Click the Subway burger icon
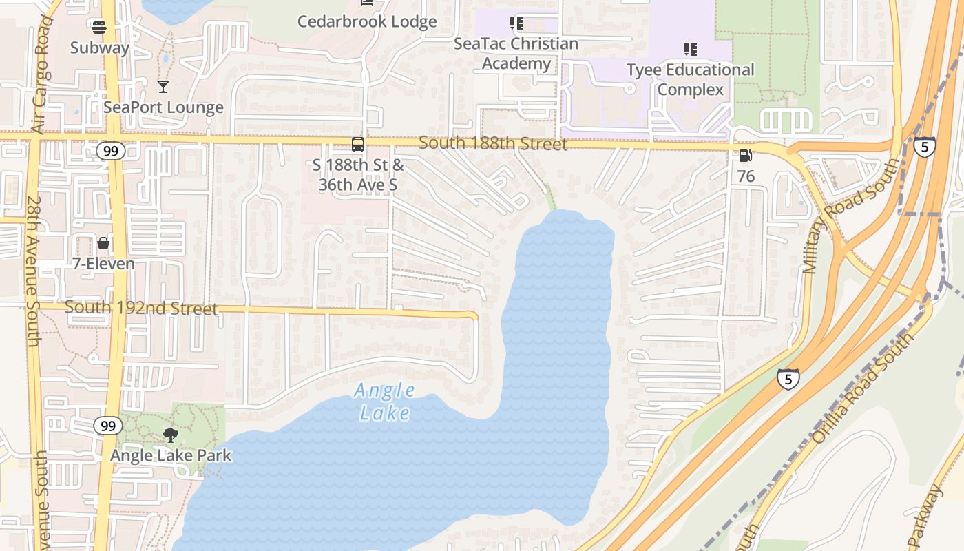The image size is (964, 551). click(99, 28)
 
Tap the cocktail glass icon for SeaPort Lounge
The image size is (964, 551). click(163, 87)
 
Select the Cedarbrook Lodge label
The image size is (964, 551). click(367, 21)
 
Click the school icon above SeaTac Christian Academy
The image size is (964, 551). click(516, 24)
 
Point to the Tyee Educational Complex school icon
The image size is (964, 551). click(691, 50)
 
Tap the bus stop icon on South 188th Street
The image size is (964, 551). click(358, 145)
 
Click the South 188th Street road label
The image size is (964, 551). click(493, 144)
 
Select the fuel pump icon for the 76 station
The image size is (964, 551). click(745, 156)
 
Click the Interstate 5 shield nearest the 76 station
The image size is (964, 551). click(924, 147)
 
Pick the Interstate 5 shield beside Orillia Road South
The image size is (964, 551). click(788, 378)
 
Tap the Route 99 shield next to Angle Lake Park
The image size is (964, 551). click(108, 426)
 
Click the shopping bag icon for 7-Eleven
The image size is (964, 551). click(103, 244)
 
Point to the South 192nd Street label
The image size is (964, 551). click(141, 308)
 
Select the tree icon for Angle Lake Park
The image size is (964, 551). click(171, 435)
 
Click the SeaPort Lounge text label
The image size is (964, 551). click(163, 107)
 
